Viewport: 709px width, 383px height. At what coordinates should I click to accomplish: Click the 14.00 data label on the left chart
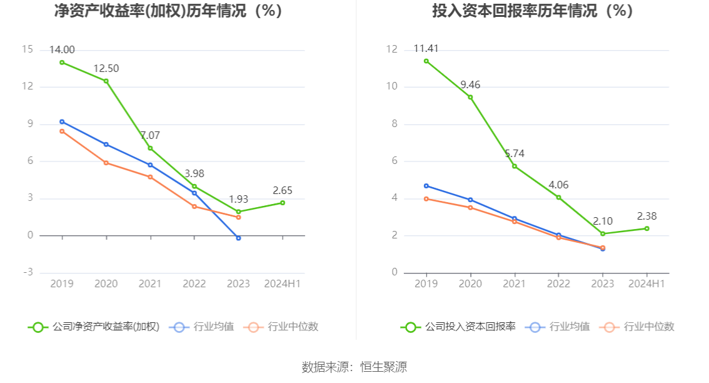(62, 50)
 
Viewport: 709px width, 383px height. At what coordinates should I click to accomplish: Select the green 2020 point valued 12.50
(106, 81)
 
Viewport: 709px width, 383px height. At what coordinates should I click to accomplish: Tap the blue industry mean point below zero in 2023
(238, 238)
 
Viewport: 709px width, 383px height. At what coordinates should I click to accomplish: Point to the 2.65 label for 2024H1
(282, 190)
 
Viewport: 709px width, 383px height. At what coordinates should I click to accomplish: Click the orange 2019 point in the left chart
(62, 131)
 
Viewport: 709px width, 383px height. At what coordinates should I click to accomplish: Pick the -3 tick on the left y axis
(28, 272)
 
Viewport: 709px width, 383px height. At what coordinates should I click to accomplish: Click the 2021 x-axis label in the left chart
(150, 283)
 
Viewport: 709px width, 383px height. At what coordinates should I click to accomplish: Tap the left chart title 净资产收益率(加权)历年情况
(168, 11)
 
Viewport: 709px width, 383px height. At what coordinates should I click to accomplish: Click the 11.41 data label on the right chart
(426, 49)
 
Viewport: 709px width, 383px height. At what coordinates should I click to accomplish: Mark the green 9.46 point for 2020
(470, 97)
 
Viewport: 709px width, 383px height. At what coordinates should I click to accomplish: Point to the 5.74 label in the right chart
(515, 153)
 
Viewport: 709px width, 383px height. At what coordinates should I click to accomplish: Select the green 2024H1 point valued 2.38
(646, 228)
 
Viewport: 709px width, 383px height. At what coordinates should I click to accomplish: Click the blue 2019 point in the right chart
(426, 186)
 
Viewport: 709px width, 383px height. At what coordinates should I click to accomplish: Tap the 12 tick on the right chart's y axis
(392, 49)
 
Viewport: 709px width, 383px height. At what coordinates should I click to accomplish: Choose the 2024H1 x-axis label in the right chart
(646, 283)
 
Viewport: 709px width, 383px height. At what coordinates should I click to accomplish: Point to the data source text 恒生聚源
(383, 367)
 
